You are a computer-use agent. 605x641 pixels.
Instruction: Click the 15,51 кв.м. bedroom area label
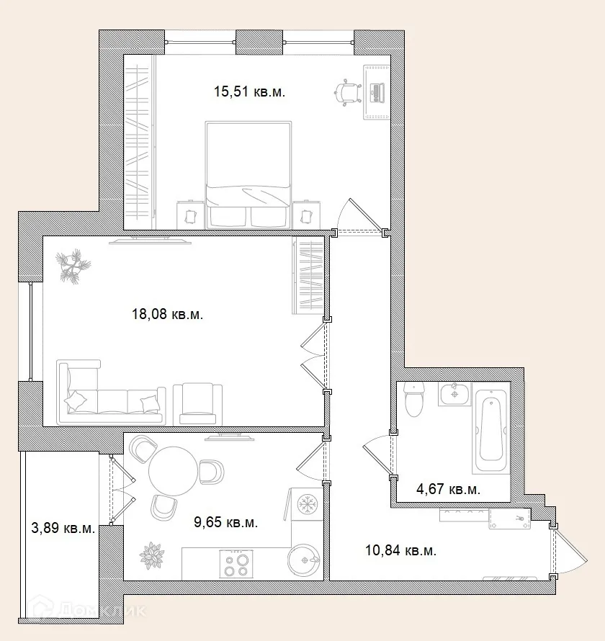tap(249, 91)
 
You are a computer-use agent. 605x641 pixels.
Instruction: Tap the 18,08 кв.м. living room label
tap(167, 314)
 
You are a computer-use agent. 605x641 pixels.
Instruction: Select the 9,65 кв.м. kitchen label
tap(225, 522)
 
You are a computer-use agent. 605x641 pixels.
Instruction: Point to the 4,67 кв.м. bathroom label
tap(448, 488)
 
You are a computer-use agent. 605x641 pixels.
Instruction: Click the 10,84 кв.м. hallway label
tap(400, 550)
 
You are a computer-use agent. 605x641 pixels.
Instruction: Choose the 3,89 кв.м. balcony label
tap(63, 528)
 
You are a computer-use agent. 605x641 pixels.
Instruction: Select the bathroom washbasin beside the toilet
tap(454, 394)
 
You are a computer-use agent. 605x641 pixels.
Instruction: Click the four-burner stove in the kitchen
tap(237, 564)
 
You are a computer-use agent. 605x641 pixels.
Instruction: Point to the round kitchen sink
tap(305, 560)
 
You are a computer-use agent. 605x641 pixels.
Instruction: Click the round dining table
tap(174, 471)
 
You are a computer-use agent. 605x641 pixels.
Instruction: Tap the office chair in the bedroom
tap(349, 93)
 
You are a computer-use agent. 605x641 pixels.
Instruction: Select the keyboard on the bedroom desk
tap(377, 93)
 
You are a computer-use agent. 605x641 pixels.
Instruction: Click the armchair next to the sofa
tap(198, 404)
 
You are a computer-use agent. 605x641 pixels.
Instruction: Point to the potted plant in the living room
tap(73, 266)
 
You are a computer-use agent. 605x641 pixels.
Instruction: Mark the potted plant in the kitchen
tap(152, 556)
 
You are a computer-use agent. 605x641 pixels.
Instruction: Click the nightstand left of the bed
tap(190, 215)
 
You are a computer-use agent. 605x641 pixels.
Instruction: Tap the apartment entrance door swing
tap(570, 551)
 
